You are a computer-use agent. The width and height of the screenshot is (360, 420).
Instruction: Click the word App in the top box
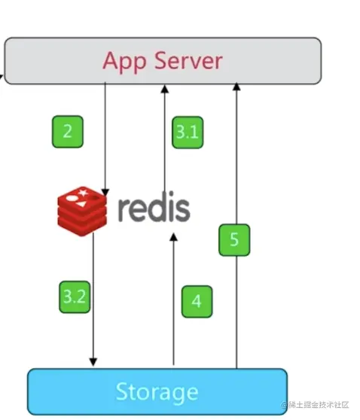click(x=125, y=62)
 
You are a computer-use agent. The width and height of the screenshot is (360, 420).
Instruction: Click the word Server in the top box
click(x=189, y=60)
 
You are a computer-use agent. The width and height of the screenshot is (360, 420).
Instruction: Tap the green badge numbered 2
click(x=68, y=132)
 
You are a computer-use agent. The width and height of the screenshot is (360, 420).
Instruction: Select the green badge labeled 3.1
click(x=188, y=132)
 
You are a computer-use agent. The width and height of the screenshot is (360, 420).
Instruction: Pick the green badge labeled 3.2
click(x=75, y=297)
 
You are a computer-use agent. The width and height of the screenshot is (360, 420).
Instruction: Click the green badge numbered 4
click(x=197, y=302)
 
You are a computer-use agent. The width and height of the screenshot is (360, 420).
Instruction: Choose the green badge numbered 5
click(x=234, y=240)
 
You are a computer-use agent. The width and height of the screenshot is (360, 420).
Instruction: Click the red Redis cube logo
click(x=82, y=212)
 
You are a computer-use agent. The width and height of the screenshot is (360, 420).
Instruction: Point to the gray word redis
click(x=154, y=207)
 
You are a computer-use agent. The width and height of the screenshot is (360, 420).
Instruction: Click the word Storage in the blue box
click(x=157, y=392)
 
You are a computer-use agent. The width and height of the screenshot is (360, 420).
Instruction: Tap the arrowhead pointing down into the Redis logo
click(x=105, y=193)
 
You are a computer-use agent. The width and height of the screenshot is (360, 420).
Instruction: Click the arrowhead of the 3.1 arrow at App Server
click(x=165, y=89)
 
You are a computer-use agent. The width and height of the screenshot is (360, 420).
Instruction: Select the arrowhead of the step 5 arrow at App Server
click(x=236, y=87)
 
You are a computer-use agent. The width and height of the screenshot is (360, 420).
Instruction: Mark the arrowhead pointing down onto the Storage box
click(x=93, y=362)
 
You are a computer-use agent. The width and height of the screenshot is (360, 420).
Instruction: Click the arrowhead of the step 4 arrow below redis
click(x=174, y=237)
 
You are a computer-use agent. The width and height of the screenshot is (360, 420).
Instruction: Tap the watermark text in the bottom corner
click(x=315, y=405)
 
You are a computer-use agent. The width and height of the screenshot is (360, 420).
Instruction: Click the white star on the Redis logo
click(x=83, y=193)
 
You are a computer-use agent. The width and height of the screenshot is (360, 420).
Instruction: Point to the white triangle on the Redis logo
click(x=81, y=205)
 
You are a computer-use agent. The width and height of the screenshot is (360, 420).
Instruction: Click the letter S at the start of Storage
click(x=122, y=391)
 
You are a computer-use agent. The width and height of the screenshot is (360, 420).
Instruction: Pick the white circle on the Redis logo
click(x=72, y=199)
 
